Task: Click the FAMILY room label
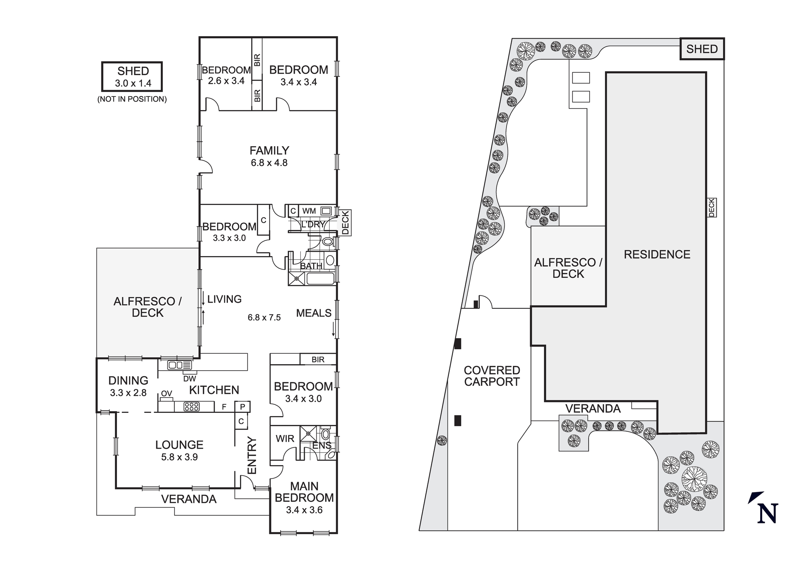pyautogui.click(x=269, y=150)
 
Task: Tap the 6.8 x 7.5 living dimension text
pyautogui.click(x=264, y=318)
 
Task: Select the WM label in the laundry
pyautogui.click(x=309, y=211)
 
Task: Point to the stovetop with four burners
pyautogui.click(x=191, y=406)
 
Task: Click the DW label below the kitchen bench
pyautogui.click(x=189, y=378)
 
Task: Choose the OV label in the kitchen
pyautogui.click(x=166, y=394)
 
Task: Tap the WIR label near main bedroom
pyautogui.click(x=285, y=439)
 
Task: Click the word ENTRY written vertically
pyautogui.click(x=252, y=455)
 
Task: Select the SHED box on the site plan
pyautogui.click(x=702, y=49)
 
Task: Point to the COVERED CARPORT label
pyautogui.click(x=492, y=376)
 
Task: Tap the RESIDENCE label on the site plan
pyautogui.click(x=657, y=254)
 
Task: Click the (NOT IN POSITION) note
pyautogui.click(x=132, y=99)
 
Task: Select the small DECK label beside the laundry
pyautogui.click(x=345, y=222)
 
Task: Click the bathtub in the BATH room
pyautogui.click(x=320, y=278)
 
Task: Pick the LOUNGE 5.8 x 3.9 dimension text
pyautogui.click(x=179, y=457)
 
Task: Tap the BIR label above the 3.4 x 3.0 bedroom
pyautogui.click(x=318, y=359)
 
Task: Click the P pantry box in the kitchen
pyautogui.click(x=242, y=407)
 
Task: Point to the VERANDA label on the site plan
pyautogui.click(x=593, y=408)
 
